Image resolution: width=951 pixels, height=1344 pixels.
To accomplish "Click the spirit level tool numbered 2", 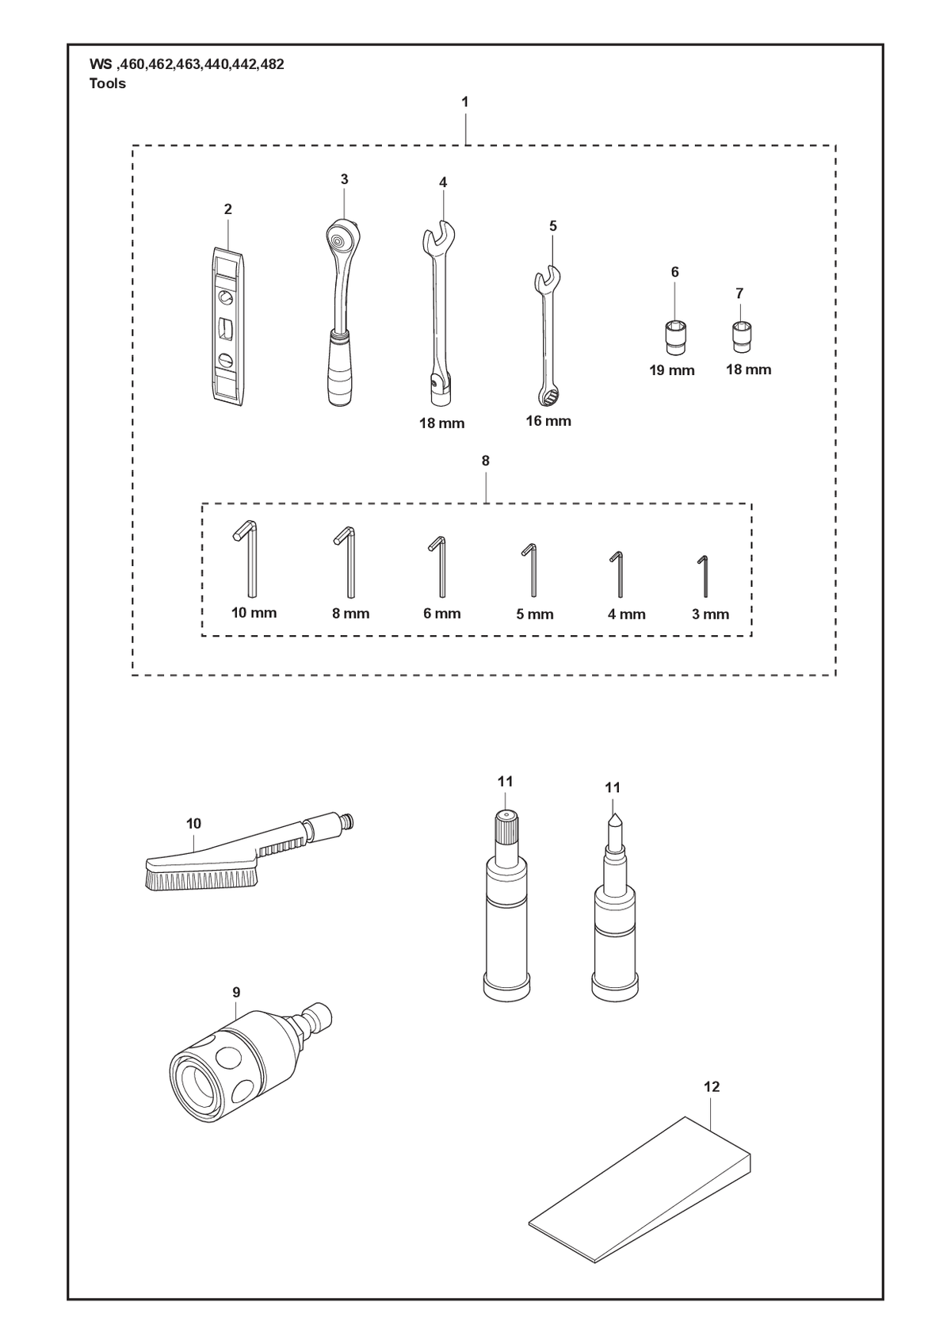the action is (228, 327).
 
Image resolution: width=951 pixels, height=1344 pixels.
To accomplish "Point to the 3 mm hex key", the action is (706, 576).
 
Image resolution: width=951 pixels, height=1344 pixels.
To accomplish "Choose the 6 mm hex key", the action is (442, 566).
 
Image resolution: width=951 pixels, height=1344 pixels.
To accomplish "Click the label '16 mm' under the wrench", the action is (548, 421).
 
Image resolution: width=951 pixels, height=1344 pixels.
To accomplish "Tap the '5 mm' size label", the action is (535, 615).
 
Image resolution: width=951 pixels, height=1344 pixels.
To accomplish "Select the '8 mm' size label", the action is (351, 614).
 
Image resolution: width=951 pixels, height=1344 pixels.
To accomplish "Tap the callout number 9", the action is (236, 993).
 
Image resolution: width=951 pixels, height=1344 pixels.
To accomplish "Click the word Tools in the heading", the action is (107, 83).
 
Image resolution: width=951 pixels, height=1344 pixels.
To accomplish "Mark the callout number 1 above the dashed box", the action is (464, 102).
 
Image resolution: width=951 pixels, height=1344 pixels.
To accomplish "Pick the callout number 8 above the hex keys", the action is (485, 461).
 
